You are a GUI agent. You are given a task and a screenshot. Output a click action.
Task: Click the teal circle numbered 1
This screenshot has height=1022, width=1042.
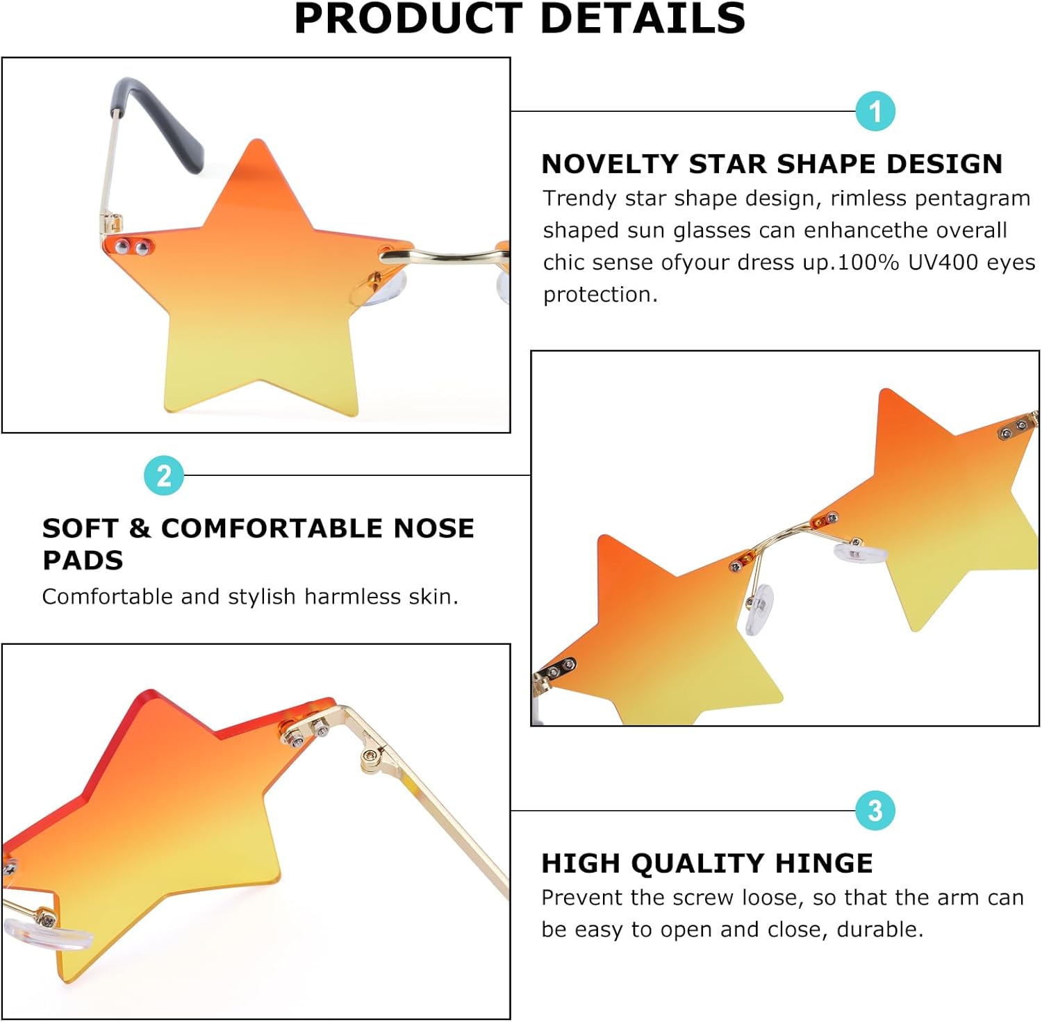(x=875, y=111)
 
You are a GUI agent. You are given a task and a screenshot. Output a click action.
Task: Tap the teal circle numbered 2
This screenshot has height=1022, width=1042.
(x=163, y=476)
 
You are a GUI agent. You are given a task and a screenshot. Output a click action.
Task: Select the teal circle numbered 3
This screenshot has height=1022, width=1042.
(x=875, y=810)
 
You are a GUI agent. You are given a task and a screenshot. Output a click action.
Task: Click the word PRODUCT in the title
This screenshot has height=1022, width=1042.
(x=408, y=19)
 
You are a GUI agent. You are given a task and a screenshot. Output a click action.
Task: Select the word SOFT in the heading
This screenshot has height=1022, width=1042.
(x=79, y=528)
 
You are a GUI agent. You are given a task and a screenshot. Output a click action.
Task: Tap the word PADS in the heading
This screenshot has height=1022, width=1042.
(x=83, y=560)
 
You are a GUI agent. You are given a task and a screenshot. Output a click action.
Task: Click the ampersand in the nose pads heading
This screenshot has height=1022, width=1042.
(x=140, y=528)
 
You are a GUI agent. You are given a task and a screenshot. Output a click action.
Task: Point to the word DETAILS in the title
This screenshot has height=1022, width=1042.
(x=642, y=19)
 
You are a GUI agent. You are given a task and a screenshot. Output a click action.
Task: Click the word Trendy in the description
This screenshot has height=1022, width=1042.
(x=579, y=199)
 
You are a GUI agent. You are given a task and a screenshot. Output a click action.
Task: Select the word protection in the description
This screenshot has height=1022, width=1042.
(x=599, y=295)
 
